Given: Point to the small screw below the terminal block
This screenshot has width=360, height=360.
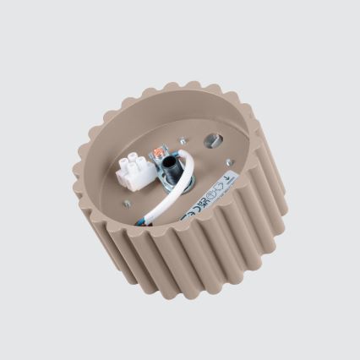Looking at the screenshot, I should tap(126, 204).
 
